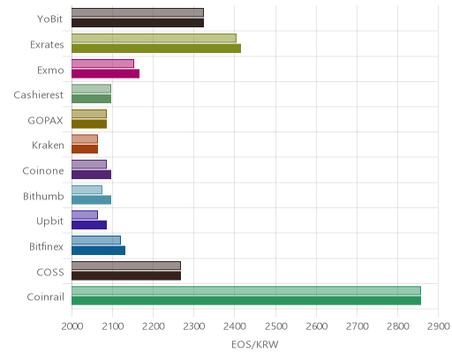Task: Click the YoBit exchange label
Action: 49,19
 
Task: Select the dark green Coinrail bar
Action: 246,301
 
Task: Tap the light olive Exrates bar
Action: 154,38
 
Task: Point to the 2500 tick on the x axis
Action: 275,326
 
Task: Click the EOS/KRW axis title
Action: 255,344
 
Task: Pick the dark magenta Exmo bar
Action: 105,74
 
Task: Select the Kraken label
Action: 48,146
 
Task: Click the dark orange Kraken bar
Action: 85,149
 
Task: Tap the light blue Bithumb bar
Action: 87,190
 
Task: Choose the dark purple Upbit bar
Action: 89,225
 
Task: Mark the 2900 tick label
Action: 439,326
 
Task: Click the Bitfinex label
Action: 46,246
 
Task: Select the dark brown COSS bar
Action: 126,275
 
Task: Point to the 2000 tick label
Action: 72,326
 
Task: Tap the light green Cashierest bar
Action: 91,88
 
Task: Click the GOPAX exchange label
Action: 45,121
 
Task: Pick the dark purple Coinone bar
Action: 91,175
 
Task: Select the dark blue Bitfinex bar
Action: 98,251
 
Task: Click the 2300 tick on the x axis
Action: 194,326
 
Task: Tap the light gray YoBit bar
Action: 138,12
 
